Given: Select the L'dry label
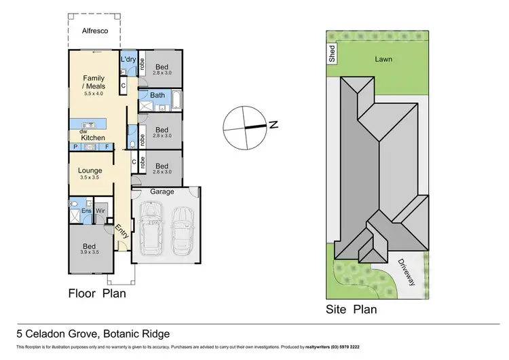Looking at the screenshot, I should (128, 60).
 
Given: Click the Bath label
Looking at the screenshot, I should (157, 95).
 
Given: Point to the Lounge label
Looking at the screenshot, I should (90, 170).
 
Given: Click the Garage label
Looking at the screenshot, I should (162, 192).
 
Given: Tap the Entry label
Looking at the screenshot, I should (123, 232).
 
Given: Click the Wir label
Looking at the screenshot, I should (100, 211).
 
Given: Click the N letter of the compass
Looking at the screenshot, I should (273, 124).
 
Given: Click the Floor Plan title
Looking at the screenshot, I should (97, 294).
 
